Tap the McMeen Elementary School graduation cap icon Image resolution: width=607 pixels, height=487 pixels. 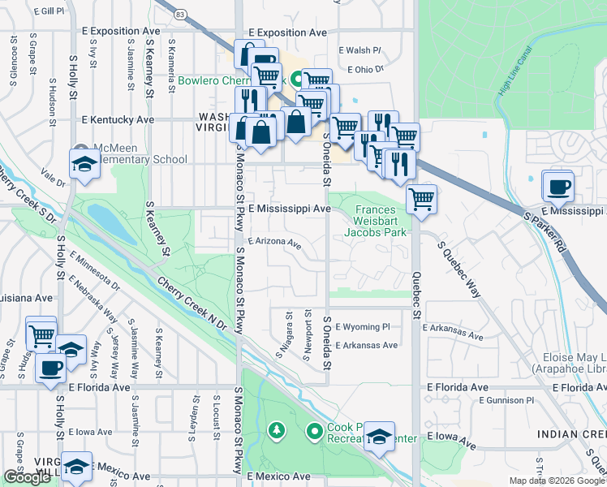(84, 164)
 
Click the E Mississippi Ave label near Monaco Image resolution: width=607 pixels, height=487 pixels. (290, 209)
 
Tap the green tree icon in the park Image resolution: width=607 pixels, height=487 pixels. (277, 429)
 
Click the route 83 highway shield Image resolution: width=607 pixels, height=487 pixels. (180, 15)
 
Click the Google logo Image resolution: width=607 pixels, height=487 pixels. (27, 477)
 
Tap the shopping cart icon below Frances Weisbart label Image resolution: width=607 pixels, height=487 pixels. (421, 199)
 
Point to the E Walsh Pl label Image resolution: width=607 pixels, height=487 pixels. (359, 50)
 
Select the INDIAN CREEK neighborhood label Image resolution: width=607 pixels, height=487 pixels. (571, 436)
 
